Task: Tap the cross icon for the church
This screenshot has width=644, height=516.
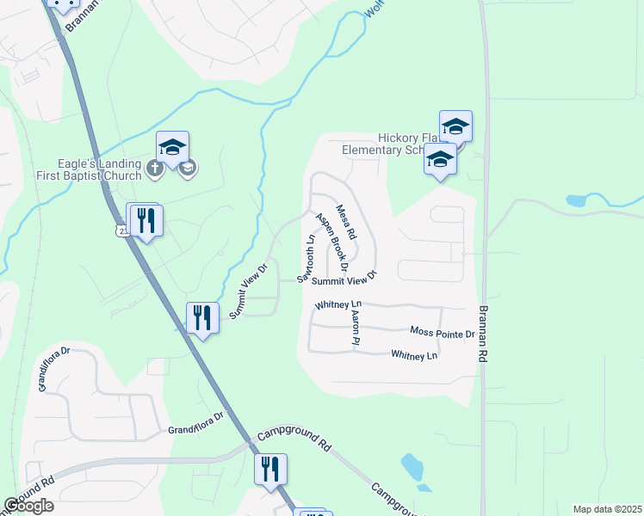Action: pyautogui.click(x=155, y=168)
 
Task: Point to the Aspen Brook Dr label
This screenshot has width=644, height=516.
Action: pyautogui.click(x=331, y=243)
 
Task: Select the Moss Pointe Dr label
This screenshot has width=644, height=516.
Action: pyautogui.click(x=443, y=333)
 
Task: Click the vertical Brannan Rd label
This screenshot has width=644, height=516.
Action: pyautogui.click(x=484, y=335)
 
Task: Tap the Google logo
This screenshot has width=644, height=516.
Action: pyautogui.click(x=28, y=506)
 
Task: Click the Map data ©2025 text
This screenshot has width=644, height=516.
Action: pyautogui.click(x=606, y=509)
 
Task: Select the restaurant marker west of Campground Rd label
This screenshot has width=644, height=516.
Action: pyautogui.click(x=271, y=469)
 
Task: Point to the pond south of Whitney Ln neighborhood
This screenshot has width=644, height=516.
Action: pyautogui.click(x=412, y=467)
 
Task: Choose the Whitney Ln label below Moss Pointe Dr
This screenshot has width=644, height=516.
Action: pyautogui.click(x=414, y=354)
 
